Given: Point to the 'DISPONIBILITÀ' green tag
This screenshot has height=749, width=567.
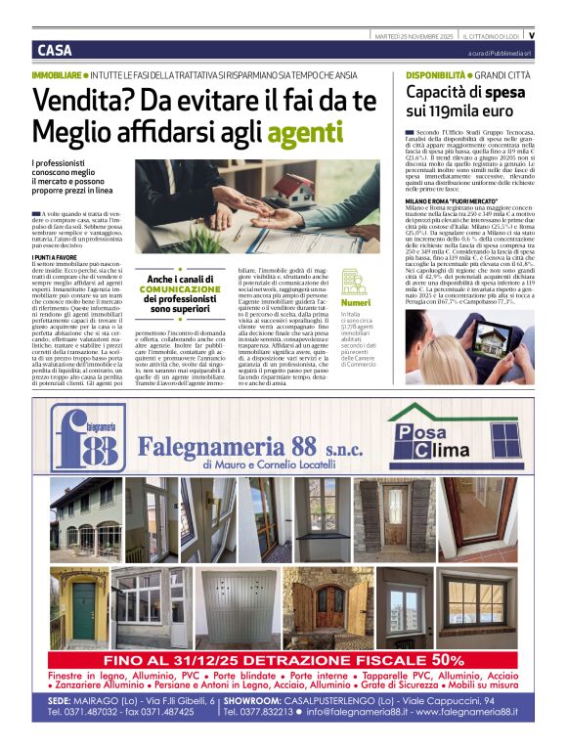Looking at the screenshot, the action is point(436,75).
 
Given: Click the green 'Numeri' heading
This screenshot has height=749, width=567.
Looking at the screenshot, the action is point(356,302).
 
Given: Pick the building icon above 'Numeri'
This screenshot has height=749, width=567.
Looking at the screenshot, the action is point(354,281).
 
